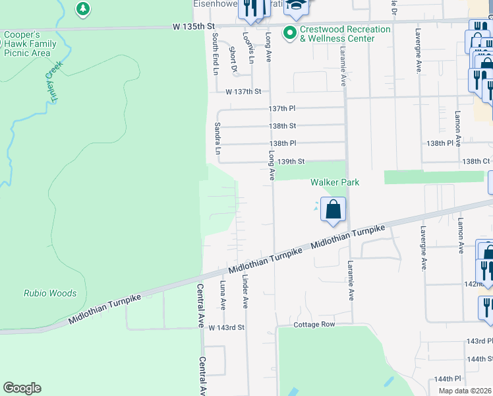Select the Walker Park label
click(x=335, y=182)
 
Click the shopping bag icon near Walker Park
click(x=333, y=209)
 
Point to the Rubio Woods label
click(x=50, y=293)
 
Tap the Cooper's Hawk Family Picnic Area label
click(x=30, y=44)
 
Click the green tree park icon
click(x=82, y=9)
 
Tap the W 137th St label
click(x=243, y=92)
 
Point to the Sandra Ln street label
click(x=217, y=139)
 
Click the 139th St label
click(x=291, y=161)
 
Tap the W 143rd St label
click(x=226, y=327)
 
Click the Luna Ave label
click(x=223, y=295)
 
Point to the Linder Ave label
click(x=245, y=291)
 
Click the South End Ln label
click(x=215, y=53)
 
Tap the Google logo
click(x=22, y=388)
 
